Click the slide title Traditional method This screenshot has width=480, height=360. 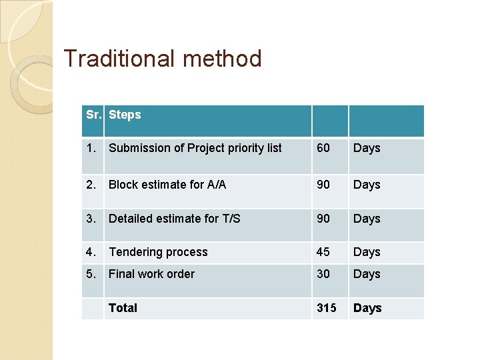click(x=163, y=59)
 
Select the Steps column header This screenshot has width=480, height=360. click(x=125, y=115)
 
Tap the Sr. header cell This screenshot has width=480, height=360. click(x=93, y=115)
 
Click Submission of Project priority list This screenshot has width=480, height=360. click(x=195, y=148)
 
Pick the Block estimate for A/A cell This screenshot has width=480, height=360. click(x=167, y=185)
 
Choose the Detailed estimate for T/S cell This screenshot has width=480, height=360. click(x=175, y=219)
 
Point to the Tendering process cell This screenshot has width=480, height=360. click(x=158, y=252)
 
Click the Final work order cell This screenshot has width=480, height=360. click(x=151, y=274)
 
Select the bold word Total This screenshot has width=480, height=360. click(x=123, y=308)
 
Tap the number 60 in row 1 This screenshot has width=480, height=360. click(x=323, y=148)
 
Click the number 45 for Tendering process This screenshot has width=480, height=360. click(x=323, y=252)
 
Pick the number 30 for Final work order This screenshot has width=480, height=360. click(x=323, y=274)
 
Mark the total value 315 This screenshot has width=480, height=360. click(x=327, y=308)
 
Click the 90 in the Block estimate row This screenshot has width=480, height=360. click(x=323, y=185)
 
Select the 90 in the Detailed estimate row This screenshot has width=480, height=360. click(x=323, y=219)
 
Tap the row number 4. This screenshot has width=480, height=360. click(x=91, y=252)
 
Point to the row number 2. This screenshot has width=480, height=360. click(x=91, y=185)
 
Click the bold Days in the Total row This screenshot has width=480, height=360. click(x=367, y=308)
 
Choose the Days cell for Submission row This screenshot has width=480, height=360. click(x=367, y=148)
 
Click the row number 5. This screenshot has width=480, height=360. click(x=91, y=274)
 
